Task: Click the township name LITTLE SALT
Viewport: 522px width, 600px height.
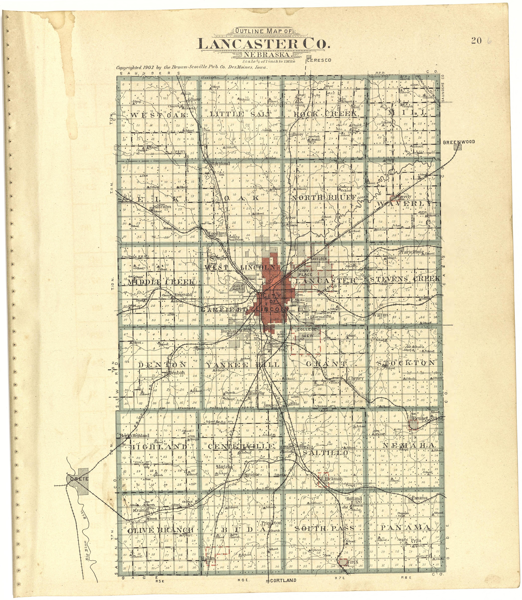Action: (x=241, y=114)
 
